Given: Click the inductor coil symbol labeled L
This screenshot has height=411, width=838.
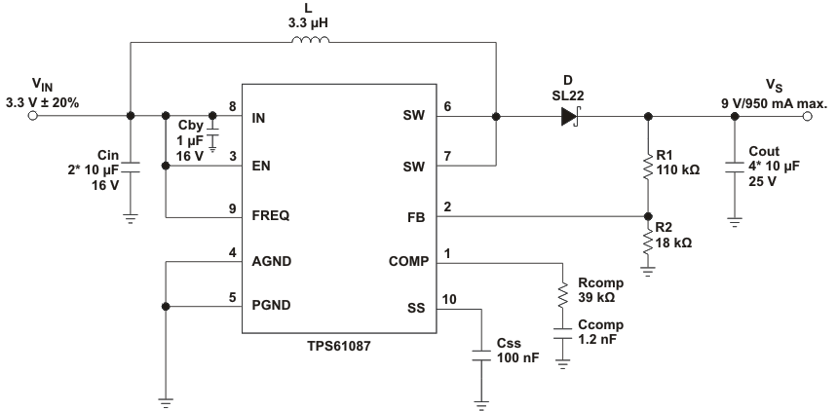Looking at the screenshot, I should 311,41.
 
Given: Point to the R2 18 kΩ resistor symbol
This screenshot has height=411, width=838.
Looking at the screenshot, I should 648,240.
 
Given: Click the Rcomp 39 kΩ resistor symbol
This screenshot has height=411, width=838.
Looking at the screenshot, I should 562,295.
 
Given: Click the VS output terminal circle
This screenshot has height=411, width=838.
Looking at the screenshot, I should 806,117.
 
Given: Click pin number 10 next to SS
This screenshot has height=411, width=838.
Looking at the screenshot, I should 450,299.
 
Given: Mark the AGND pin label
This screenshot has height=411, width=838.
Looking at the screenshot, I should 272,262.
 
